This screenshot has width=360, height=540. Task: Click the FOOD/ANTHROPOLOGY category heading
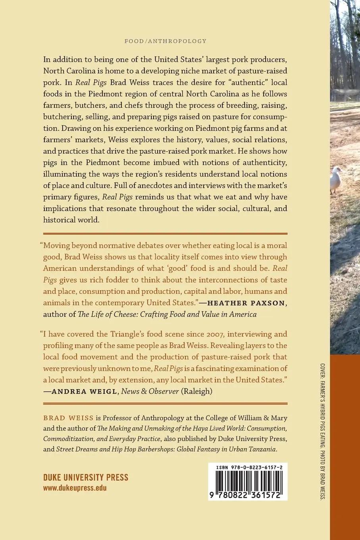tap(166, 41)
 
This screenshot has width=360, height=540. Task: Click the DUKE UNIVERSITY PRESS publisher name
tap(86, 477)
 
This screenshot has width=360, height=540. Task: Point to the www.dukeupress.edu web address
tap(75, 488)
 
